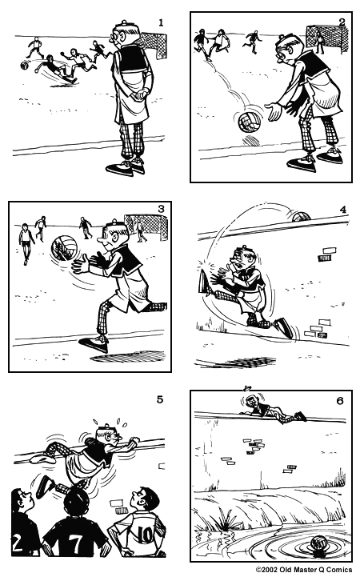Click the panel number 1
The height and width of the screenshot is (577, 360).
(161, 22)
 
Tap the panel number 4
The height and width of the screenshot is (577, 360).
(342, 210)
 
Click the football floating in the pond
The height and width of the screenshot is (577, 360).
(321, 544)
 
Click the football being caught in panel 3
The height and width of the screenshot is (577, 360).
(63, 247)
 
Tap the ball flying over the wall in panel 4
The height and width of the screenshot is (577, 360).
(300, 214)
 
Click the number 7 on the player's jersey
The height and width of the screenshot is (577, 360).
(74, 545)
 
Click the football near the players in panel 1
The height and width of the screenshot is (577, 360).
(25, 67)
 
